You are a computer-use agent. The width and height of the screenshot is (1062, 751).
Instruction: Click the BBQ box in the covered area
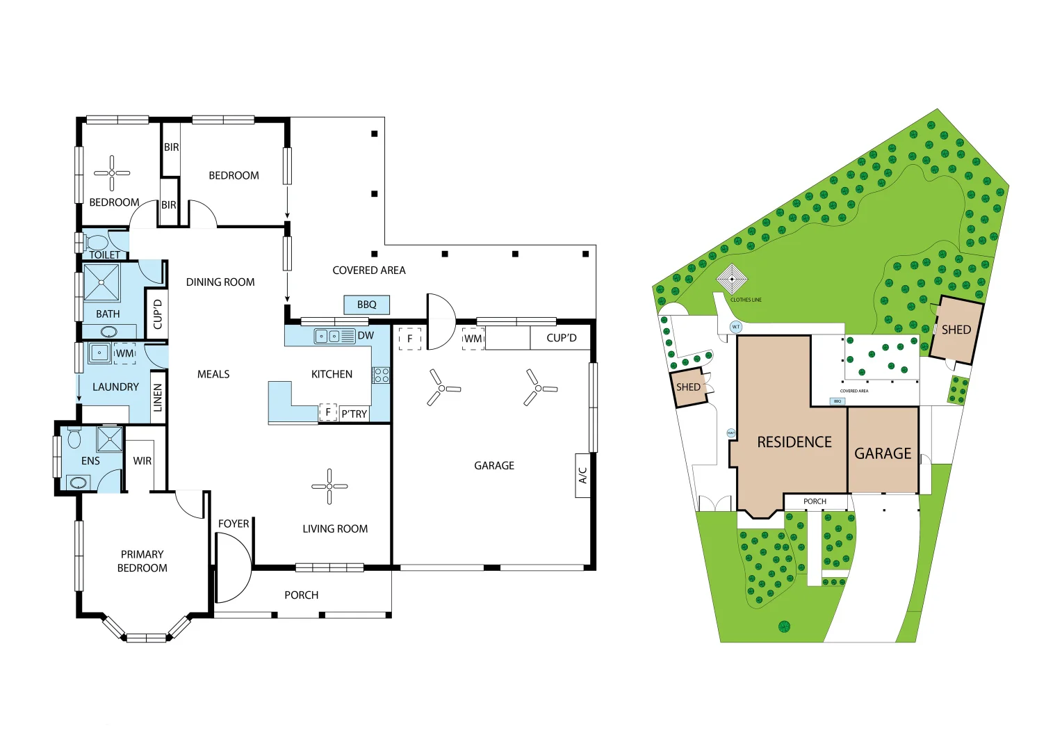coord(366,305)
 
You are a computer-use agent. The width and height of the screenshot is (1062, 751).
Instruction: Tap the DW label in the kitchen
coord(366,336)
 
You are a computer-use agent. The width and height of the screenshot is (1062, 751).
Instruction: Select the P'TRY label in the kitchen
coord(354,414)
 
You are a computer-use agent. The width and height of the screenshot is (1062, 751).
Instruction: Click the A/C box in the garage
coord(582,476)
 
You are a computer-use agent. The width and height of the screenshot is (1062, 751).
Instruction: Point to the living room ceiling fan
coord(329,486)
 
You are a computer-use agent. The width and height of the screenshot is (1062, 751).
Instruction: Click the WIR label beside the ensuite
coord(142,460)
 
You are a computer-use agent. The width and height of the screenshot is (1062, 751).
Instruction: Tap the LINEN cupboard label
coord(158,398)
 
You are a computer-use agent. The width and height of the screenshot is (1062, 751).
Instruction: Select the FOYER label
coord(234,524)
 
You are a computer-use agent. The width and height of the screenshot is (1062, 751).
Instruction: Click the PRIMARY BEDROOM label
coord(142,561)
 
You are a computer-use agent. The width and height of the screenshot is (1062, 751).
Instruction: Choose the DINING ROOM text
coord(220,282)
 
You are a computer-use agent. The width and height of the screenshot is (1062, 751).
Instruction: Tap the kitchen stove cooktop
coord(382,375)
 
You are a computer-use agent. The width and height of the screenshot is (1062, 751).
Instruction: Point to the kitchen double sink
coord(327,337)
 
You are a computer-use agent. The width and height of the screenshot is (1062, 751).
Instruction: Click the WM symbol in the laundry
coord(125,353)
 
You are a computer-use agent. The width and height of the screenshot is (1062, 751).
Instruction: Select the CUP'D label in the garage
coord(562,338)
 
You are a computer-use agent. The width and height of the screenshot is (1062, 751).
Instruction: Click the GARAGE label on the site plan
coord(883,453)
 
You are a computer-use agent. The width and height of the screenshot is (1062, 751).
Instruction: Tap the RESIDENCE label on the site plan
coord(794,442)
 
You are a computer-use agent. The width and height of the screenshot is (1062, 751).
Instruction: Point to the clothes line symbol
coord(732,279)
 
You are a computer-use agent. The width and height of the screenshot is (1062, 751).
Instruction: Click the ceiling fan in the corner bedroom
coord(112,172)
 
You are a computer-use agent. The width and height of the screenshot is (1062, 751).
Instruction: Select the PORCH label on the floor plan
coord(302,595)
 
